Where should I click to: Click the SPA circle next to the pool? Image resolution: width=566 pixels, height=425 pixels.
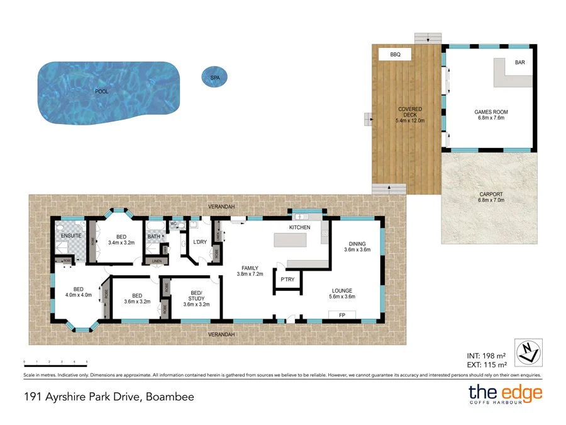click(214, 77)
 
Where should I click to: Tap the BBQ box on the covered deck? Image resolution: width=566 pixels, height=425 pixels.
click(395, 55)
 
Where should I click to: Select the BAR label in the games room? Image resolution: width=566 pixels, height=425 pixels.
click(520, 62)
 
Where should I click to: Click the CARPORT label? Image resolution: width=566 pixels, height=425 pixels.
click(491, 195)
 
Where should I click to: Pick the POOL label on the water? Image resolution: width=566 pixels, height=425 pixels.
click(101, 91)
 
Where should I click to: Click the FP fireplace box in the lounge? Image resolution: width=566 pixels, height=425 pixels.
click(341, 315)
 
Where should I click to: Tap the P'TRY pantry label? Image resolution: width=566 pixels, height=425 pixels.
click(287, 280)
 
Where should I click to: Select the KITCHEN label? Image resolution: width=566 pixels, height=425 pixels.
click(299, 227)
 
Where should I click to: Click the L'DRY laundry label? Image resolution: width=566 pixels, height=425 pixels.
click(200, 242)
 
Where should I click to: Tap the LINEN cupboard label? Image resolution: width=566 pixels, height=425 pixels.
click(157, 261)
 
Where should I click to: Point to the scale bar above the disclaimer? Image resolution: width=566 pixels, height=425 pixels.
click(55, 363)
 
